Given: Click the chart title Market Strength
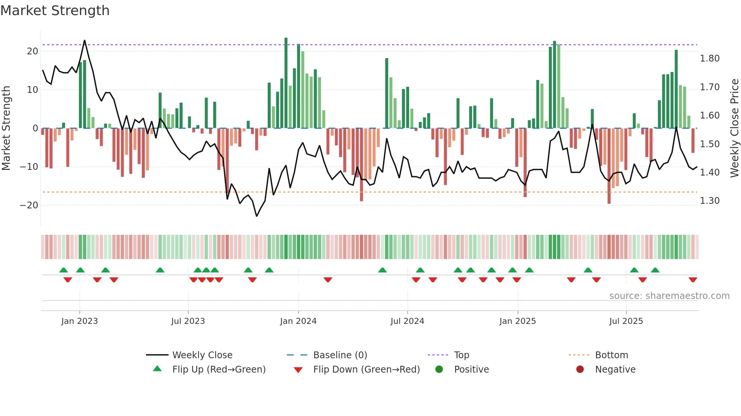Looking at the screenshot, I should (55, 11).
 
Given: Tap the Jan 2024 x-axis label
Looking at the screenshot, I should (298, 321).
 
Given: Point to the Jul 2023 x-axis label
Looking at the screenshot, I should (188, 321).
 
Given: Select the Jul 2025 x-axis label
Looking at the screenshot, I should (626, 321).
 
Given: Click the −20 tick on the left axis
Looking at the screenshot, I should (29, 205).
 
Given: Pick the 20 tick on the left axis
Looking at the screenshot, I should (33, 51).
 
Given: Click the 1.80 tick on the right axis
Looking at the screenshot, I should (709, 58).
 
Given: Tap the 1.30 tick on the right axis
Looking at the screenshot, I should (709, 200).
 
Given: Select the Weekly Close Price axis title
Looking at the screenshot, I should (734, 128).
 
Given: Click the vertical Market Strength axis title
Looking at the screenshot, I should (6, 128).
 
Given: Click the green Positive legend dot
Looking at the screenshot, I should (439, 369).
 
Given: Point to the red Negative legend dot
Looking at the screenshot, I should (580, 369).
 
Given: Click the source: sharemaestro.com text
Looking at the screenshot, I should (669, 296).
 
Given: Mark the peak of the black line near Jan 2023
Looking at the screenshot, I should (84, 40).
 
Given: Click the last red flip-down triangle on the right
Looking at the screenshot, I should (693, 280).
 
